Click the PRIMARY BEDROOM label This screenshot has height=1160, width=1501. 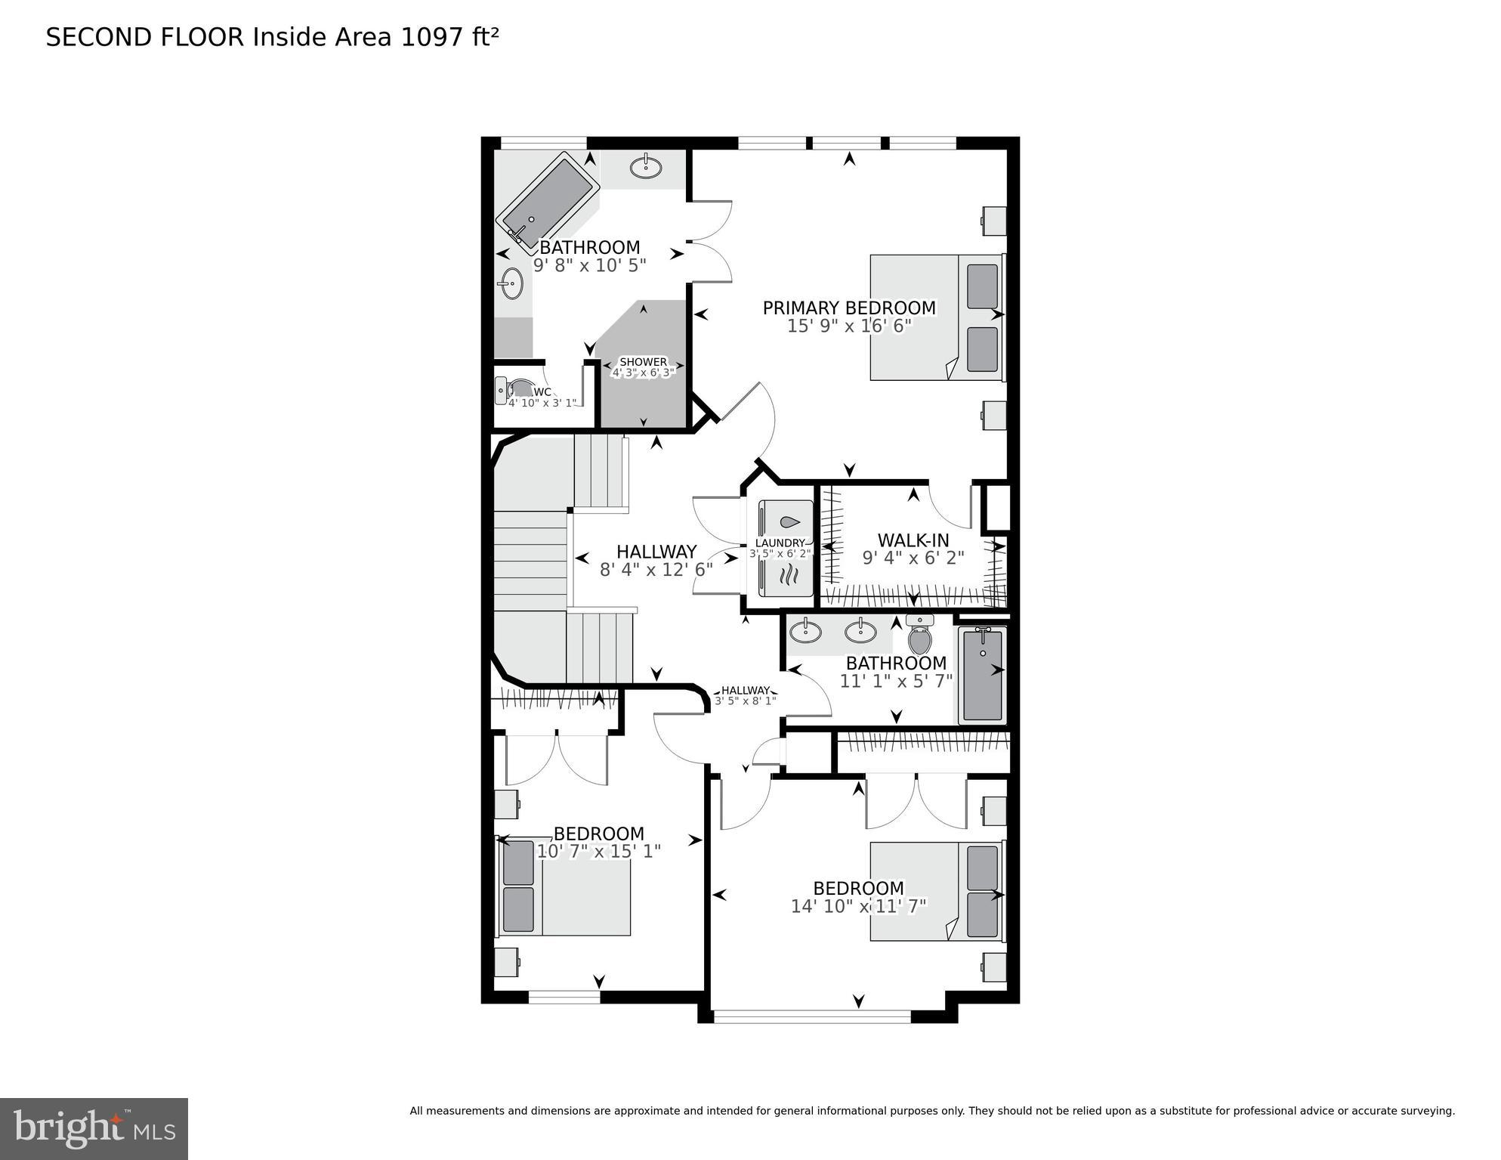[848, 308]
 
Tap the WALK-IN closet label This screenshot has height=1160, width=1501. [913, 540]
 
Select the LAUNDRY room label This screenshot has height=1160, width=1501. [780, 543]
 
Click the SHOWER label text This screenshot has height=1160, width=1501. [643, 362]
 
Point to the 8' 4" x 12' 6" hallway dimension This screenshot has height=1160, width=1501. [656, 570]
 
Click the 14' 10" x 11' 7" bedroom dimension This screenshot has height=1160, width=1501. [858, 906]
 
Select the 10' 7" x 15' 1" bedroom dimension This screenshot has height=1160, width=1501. [598, 852]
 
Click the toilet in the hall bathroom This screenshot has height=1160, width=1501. [919, 638]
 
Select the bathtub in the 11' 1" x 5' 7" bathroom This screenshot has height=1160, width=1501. [982, 675]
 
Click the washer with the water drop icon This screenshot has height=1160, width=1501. [786, 522]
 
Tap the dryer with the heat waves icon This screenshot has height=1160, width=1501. [786, 578]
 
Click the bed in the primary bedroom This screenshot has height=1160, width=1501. [937, 317]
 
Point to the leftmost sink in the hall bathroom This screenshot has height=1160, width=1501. [806, 630]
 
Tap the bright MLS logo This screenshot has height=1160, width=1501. [94, 1129]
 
